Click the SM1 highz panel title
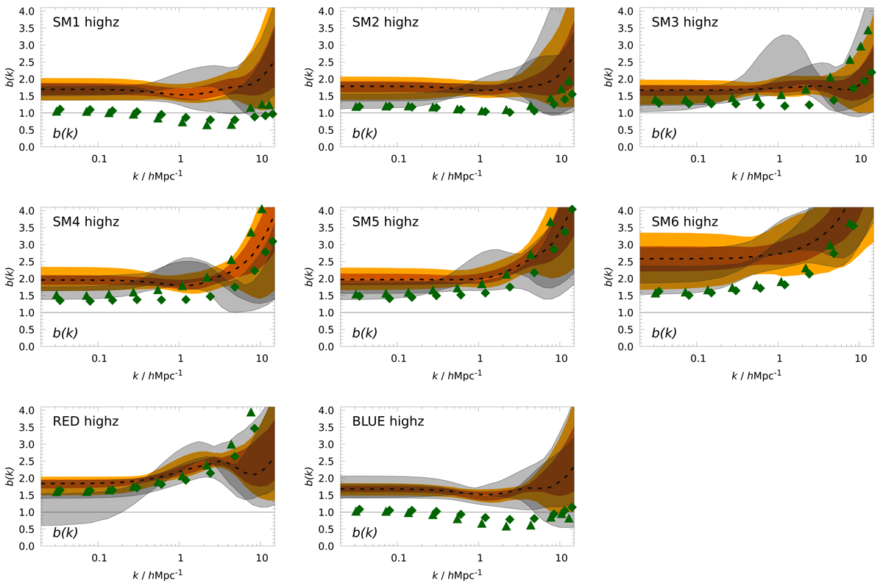pyautogui.click(x=85, y=22)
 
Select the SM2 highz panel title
pyautogui.click(x=385, y=22)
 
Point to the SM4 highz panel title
pyautogui.click(x=85, y=221)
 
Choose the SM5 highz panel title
pyautogui.click(x=385, y=221)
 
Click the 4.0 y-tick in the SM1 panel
pyautogui.click(x=26, y=11)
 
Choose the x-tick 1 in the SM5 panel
pyautogui.click(x=480, y=358)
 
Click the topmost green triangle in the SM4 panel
pyautogui.click(x=261, y=210)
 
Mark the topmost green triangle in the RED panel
pyautogui.click(x=251, y=412)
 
